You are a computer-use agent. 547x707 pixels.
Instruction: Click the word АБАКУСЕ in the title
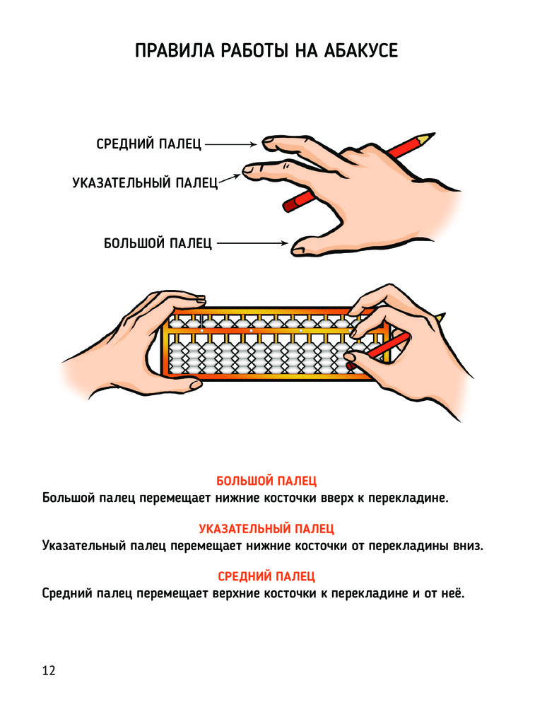pyautogui.click(x=360, y=50)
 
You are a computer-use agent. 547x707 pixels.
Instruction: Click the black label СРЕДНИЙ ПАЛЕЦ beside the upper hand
pyautogui.click(x=148, y=144)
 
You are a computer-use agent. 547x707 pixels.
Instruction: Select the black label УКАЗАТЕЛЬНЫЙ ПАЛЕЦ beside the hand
pyautogui.click(x=145, y=182)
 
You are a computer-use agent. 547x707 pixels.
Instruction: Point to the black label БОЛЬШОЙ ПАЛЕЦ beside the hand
pyautogui.click(x=158, y=243)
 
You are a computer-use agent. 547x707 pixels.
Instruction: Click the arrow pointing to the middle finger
pyautogui.click(x=231, y=144)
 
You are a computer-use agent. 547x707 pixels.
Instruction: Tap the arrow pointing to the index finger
pyautogui.click(x=230, y=179)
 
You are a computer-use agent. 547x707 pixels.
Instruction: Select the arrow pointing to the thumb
pyautogui.click(x=252, y=243)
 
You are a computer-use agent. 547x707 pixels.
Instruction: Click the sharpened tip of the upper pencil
pyautogui.click(x=435, y=134)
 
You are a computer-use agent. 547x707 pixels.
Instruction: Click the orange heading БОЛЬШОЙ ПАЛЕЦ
pyautogui.click(x=266, y=481)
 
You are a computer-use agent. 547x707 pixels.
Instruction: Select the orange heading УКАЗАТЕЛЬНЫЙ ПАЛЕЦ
pyautogui.click(x=266, y=528)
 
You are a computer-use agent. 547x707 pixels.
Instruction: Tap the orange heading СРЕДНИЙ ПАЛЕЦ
pyautogui.click(x=266, y=576)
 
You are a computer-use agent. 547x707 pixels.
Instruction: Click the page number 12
pyautogui.click(x=49, y=670)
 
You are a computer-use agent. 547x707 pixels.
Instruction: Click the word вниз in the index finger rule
pyautogui.click(x=468, y=546)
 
